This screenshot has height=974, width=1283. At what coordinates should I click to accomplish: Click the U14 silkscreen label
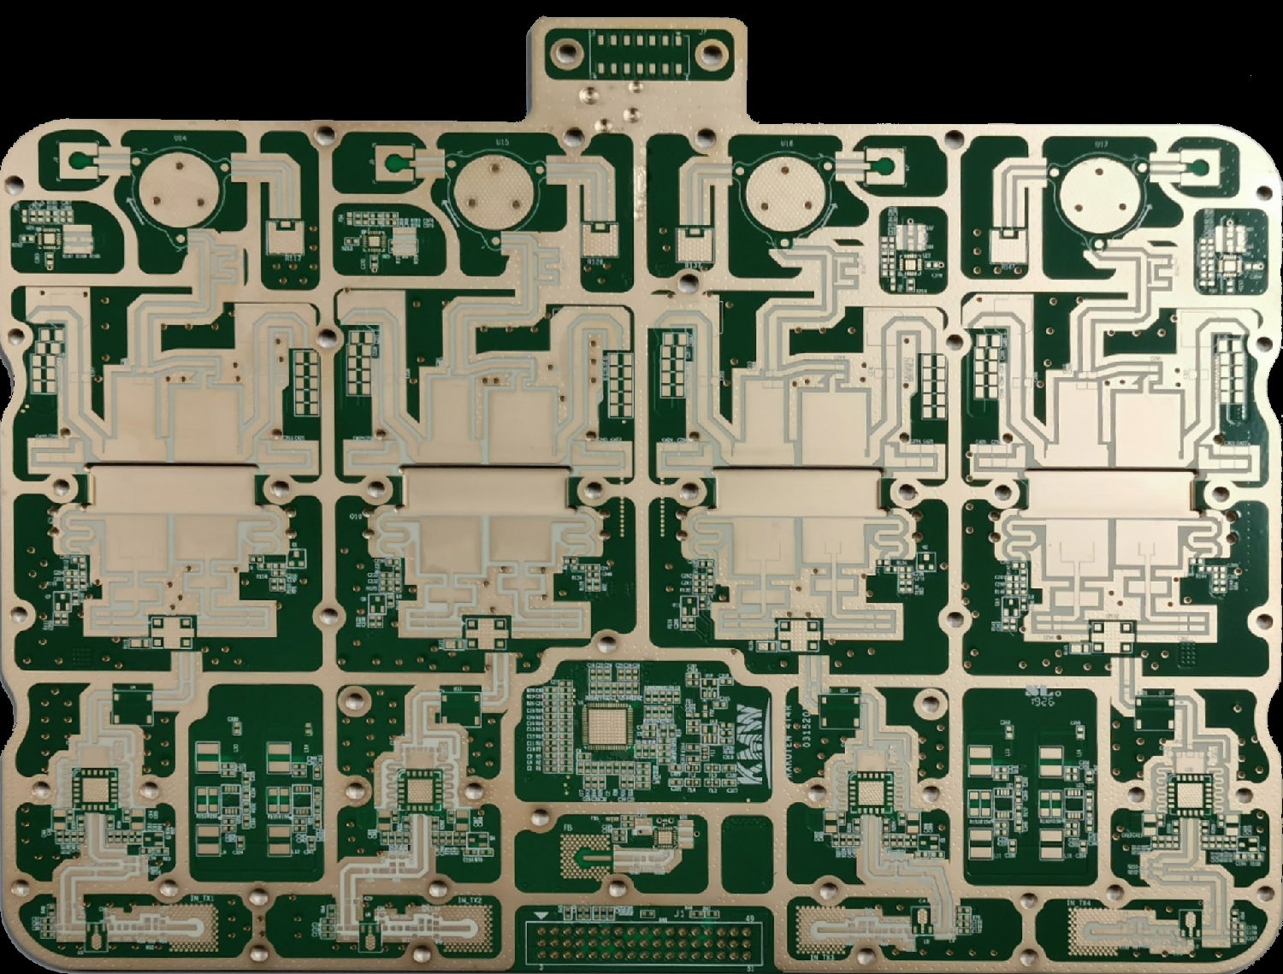(180, 137)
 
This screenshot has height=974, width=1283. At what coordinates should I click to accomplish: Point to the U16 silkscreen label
(787, 144)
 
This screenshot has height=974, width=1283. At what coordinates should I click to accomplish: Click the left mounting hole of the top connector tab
(565, 53)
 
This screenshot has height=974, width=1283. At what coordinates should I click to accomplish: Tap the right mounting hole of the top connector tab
(712, 53)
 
